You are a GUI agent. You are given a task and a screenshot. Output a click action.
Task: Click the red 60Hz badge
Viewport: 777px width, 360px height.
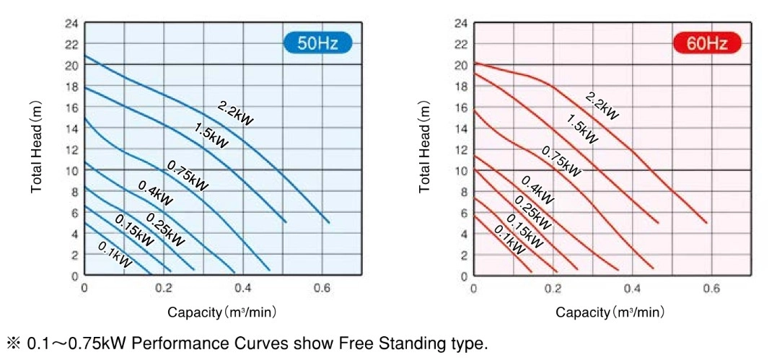point(707,43)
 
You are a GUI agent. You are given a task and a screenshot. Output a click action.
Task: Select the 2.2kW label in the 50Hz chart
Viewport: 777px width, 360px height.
point(235,115)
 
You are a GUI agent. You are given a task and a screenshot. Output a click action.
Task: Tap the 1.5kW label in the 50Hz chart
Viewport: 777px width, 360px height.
point(211,135)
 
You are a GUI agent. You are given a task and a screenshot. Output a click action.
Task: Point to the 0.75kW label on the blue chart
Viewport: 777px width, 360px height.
point(188,176)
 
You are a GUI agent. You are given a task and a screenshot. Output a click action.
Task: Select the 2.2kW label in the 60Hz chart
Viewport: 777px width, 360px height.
point(601,105)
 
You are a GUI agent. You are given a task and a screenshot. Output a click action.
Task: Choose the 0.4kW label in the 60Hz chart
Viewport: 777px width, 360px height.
point(537,190)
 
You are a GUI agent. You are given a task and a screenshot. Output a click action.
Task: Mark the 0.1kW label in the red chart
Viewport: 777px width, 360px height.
point(509,240)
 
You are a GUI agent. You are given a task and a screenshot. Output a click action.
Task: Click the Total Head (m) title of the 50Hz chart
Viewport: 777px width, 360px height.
point(37,148)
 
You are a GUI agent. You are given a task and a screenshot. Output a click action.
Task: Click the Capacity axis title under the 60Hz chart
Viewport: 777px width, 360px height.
point(610,312)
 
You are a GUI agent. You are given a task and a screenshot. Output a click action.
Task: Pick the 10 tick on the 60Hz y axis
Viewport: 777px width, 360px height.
point(460,170)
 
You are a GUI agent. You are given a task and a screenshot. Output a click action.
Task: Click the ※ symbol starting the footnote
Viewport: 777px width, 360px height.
point(14,343)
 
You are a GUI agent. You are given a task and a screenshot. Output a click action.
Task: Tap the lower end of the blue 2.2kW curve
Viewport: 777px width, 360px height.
point(329,222)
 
